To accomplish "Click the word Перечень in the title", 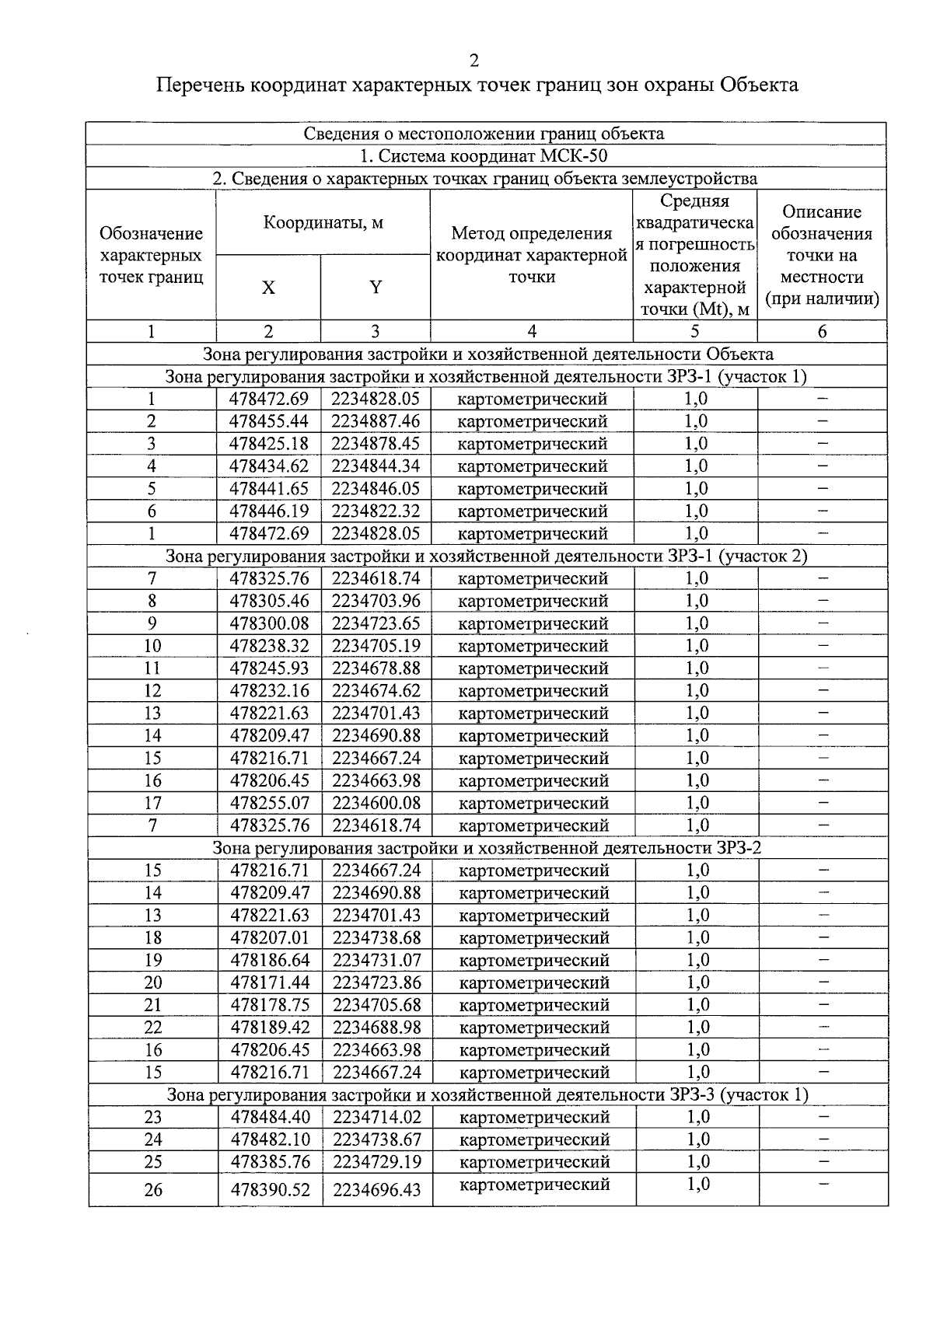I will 200,85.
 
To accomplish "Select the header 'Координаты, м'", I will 323,223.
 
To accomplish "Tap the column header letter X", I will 268,288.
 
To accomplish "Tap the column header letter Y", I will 376,288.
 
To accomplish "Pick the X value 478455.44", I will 269,422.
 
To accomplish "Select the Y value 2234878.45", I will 376,445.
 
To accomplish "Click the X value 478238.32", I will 269,647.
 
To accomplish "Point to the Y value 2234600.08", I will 377,804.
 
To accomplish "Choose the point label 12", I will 152,691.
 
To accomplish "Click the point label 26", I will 154,1190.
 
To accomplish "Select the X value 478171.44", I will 270,983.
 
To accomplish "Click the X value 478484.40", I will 270,1118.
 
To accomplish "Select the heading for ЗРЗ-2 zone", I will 487,848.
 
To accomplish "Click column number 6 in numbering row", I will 822,332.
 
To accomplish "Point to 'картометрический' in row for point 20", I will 534,983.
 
